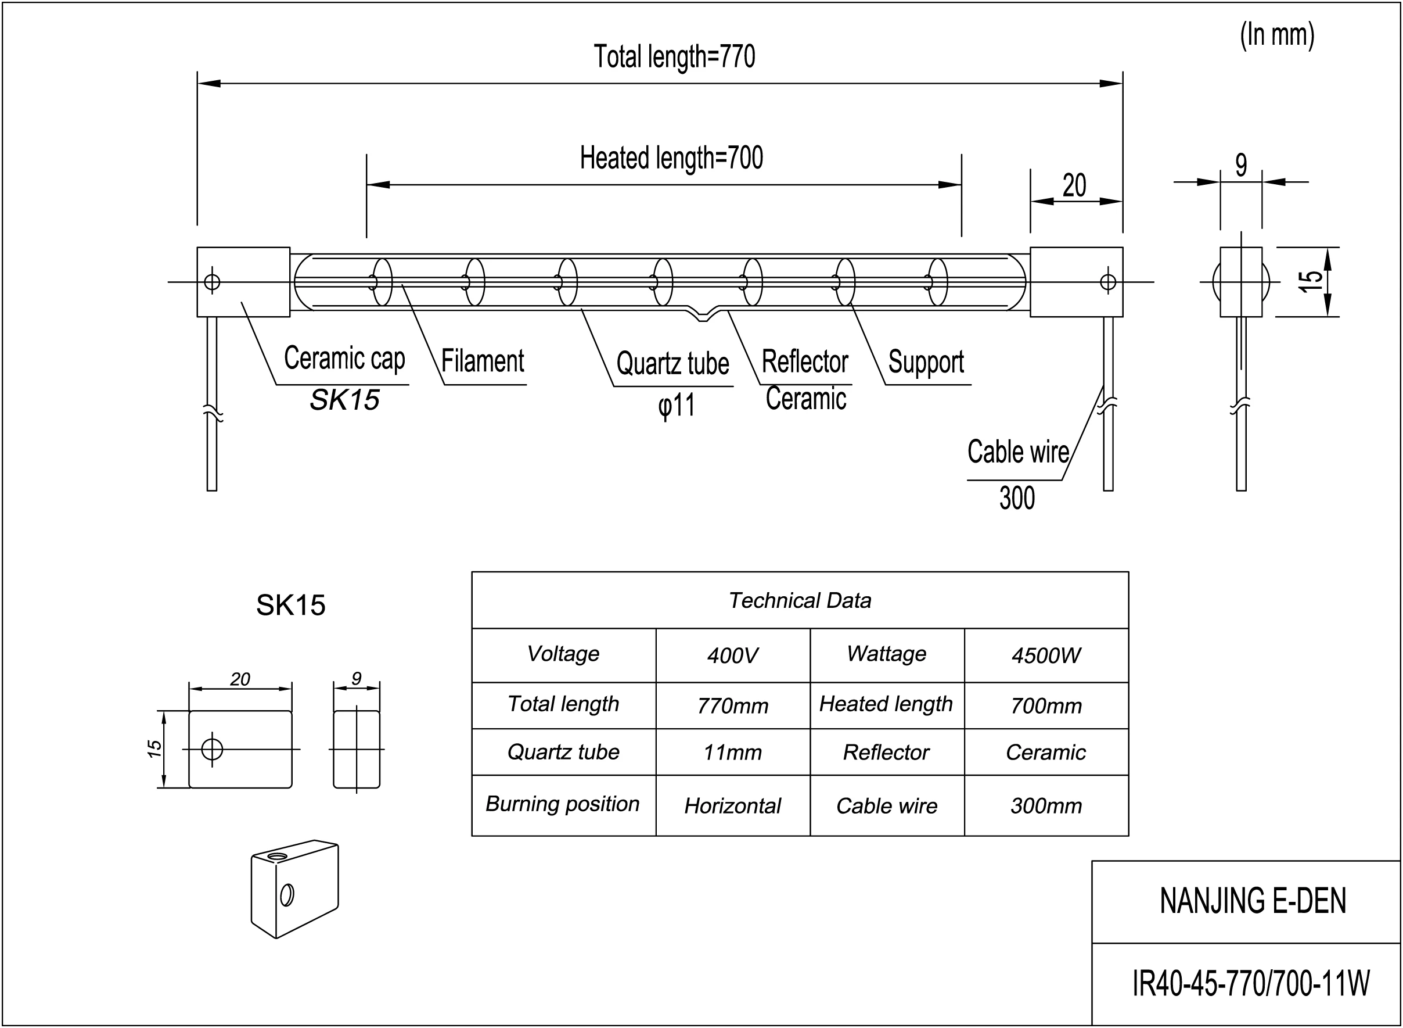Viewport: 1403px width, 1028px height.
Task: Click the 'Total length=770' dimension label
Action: tap(674, 56)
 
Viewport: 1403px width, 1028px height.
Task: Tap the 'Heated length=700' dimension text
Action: tap(671, 158)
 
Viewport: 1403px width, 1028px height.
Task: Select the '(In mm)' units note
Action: tap(1277, 35)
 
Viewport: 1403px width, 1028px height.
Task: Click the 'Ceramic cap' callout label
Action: tap(344, 359)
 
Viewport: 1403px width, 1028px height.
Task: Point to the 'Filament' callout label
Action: tap(483, 361)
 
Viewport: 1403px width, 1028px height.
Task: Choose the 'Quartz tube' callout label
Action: tap(672, 363)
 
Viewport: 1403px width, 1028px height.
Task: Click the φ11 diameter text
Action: tap(676, 406)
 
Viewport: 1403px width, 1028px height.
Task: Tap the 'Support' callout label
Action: tap(926, 362)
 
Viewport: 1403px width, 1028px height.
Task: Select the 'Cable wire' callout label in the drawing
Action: tap(1017, 452)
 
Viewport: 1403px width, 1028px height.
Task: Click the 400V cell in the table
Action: tap(733, 656)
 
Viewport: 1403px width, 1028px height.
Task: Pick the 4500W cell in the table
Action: tap(1046, 656)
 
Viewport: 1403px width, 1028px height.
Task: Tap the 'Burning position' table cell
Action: tap(563, 804)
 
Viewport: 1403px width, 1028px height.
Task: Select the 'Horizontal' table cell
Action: tap(733, 806)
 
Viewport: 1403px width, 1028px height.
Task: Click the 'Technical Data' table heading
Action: tap(800, 600)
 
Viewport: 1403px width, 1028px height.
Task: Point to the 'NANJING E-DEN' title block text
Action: tap(1253, 901)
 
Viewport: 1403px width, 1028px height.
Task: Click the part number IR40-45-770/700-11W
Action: tap(1251, 984)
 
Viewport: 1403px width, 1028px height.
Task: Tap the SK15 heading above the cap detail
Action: tap(290, 605)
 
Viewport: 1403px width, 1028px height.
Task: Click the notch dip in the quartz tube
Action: tap(702, 317)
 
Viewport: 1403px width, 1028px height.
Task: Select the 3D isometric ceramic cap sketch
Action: tap(295, 889)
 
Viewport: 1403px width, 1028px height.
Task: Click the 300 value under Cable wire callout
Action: tap(1017, 498)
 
